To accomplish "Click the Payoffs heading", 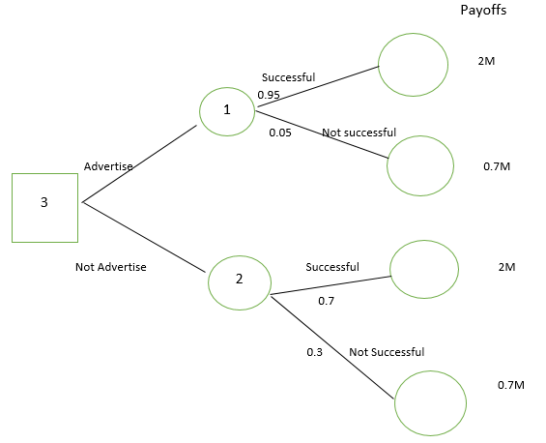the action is (483, 10).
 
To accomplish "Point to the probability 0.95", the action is (269, 95).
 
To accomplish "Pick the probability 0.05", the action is (280, 133).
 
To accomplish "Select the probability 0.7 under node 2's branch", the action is (326, 301).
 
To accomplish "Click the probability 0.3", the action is (314, 352).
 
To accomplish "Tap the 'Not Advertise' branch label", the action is (111, 267).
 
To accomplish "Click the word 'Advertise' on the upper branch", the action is (108, 166).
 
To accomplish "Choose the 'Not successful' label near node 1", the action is (359, 133).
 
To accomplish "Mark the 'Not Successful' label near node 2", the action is (387, 352).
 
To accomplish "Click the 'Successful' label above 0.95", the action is (288, 77).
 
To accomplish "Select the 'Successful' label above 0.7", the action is (332, 267).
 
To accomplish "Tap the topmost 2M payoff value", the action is (486, 61).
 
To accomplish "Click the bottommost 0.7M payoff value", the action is (511, 385).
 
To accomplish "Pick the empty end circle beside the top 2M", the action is (413, 34).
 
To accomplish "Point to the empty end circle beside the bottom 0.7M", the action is (430, 370).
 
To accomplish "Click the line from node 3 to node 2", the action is (144, 237).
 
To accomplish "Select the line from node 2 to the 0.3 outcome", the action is (332, 347).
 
